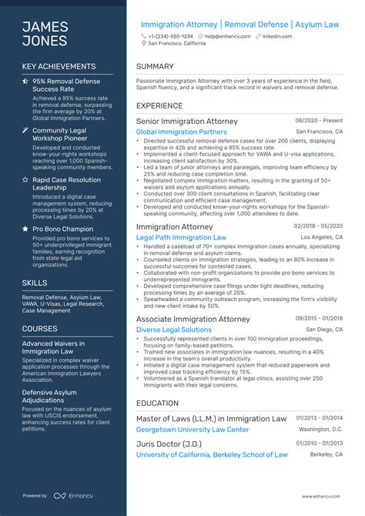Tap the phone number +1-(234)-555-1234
(170, 35)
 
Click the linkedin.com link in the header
(276, 35)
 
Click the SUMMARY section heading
(155, 67)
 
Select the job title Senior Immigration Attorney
(187, 121)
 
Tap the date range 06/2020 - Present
(318, 120)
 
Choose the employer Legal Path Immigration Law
(181, 237)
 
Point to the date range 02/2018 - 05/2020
(318, 226)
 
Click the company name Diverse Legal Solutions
(174, 330)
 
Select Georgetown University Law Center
(193, 429)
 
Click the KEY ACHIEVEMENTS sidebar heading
(59, 67)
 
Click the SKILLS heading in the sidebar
(35, 283)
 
